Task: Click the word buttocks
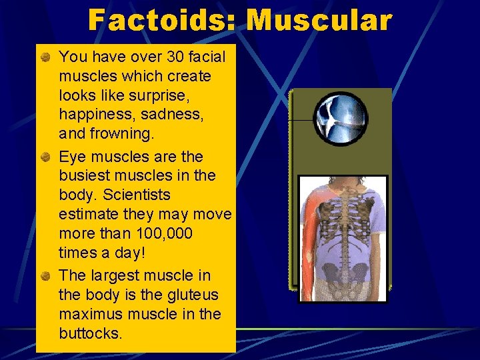coord(91,333)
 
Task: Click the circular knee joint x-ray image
coord(340,119)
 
